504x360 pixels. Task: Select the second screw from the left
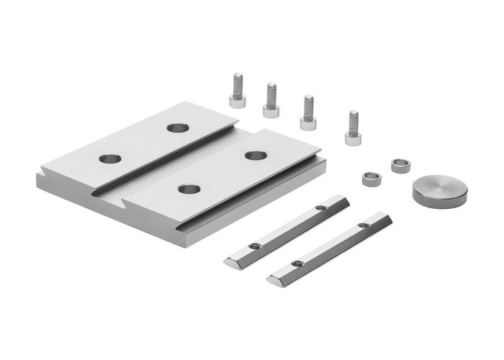pyautogui.click(x=271, y=102)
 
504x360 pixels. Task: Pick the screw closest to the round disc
pyautogui.click(x=353, y=129)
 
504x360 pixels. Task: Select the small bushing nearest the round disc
pyautogui.click(x=401, y=165)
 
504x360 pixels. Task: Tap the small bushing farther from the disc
pyautogui.click(x=372, y=179)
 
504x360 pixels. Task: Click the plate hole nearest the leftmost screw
pyautogui.click(x=177, y=128)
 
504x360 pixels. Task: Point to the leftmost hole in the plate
pyautogui.click(x=110, y=158)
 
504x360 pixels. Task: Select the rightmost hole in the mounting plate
pyautogui.click(x=256, y=156)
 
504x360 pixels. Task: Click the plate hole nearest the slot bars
pyautogui.click(x=189, y=189)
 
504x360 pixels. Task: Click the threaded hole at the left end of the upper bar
pyautogui.click(x=253, y=246)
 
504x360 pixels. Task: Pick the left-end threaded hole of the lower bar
pyautogui.click(x=296, y=264)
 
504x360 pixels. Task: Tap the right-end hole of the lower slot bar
pyautogui.click(x=364, y=225)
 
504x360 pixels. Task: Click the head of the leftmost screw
pyautogui.click(x=238, y=101)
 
